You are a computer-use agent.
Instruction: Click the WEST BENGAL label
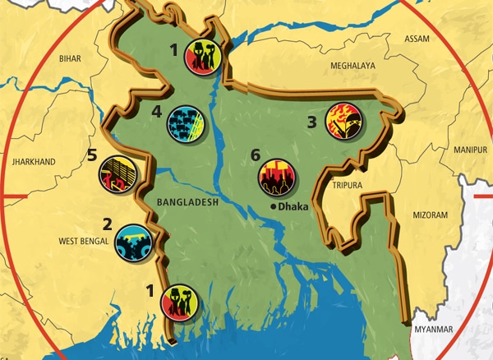point(84,242)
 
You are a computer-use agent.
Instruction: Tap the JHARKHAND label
point(34,163)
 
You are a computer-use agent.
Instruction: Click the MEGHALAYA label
point(352,65)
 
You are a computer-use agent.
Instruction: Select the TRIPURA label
point(348,186)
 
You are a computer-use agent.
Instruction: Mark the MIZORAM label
point(430,215)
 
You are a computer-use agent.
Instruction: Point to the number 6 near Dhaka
point(256,155)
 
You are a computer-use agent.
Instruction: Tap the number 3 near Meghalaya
point(311,122)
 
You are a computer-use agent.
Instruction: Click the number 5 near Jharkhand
point(92,155)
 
